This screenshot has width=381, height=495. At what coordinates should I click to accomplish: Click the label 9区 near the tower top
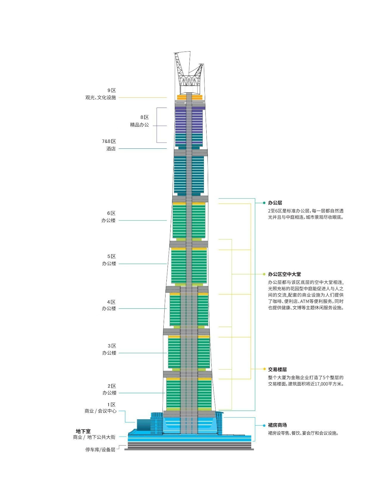click(x=112, y=90)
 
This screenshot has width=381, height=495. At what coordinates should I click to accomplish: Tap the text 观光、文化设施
click(x=101, y=97)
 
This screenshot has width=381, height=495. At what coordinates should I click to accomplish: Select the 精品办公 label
click(x=139, y=125)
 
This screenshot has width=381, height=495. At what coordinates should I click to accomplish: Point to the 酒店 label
click(x=111, y=149)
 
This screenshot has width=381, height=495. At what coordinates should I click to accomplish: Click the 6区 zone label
click(x=111, y=213)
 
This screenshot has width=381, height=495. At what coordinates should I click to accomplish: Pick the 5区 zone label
click(x=112, y=256)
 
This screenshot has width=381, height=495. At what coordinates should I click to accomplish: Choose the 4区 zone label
click(x=111, y=302)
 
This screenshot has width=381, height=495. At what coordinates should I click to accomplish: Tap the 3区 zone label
click(x=112, y=346)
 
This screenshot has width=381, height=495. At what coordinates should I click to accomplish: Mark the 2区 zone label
click(x=112, y=386)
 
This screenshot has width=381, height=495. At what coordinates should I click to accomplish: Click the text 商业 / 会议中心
click(x=101, y=411)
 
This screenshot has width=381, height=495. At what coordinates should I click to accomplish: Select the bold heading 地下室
click(x=83, y=431)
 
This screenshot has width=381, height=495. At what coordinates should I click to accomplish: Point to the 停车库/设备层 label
click(x=100, y=449)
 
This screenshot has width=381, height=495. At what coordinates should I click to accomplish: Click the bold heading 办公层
click(x=275, y=203)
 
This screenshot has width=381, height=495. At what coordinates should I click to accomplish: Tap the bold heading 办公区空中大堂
click(x=284, y=274)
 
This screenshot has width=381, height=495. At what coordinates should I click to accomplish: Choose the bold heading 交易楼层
click(x=277, y=369)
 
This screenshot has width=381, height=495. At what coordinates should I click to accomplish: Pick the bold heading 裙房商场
click(x=277, y=425)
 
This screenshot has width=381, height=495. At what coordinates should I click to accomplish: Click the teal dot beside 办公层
click(x=264, y=203)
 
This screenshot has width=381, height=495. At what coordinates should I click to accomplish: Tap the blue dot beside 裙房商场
click(x=264, y=425)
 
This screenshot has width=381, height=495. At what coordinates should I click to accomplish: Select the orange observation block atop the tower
click(x=190, y=97)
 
